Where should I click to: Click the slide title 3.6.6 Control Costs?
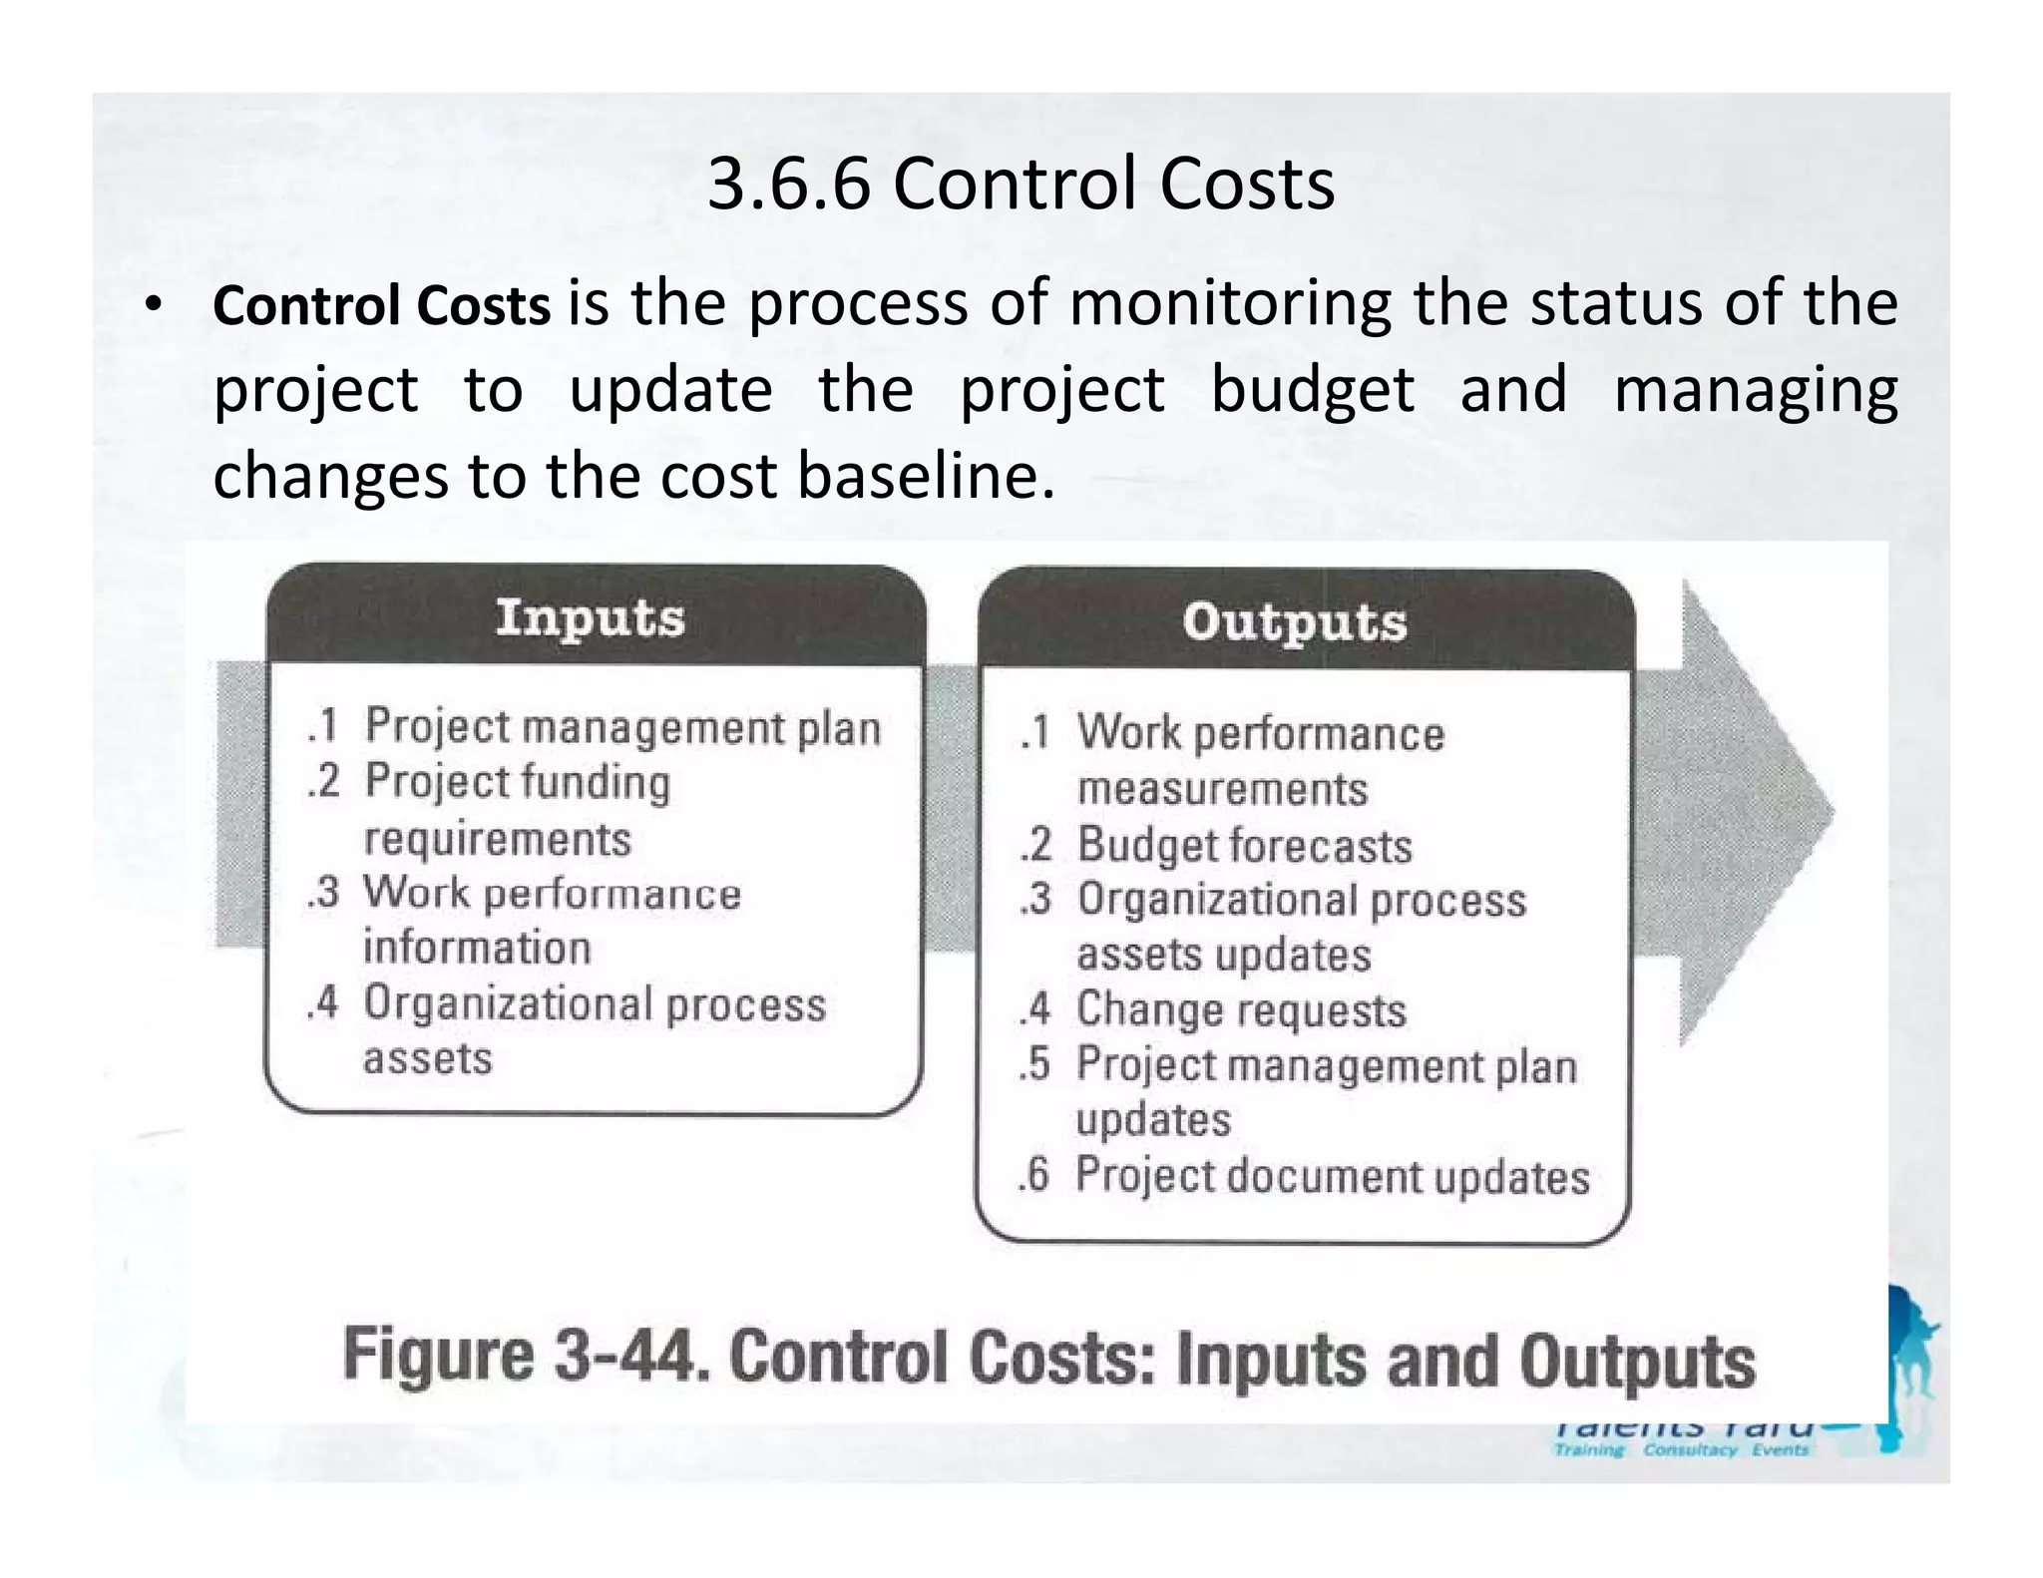click(x=1021, y=185)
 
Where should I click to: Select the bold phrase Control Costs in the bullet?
click(x=381, y=305)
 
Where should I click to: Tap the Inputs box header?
click(x=591, y=617)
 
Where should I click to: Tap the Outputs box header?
click(x=1295, y=621)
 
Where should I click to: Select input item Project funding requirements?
click(x=517, y=810)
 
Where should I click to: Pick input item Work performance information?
click(x=552, y=920)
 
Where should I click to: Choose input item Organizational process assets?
click(x=595, y=1030)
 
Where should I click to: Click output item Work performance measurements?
click(x=1260, y=761)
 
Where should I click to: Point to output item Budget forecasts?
click(x=1244, y=846)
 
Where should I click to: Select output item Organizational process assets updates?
click(x=1301, y=927)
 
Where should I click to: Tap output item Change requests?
click(x=1241, y=1010)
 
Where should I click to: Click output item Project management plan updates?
click(x=1326, y=1091)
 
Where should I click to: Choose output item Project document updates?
click(x=1332, y=1176)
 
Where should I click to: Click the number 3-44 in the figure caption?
click(x=628, y=1359)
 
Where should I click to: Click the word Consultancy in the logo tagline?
click(x=1690, y=1450)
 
